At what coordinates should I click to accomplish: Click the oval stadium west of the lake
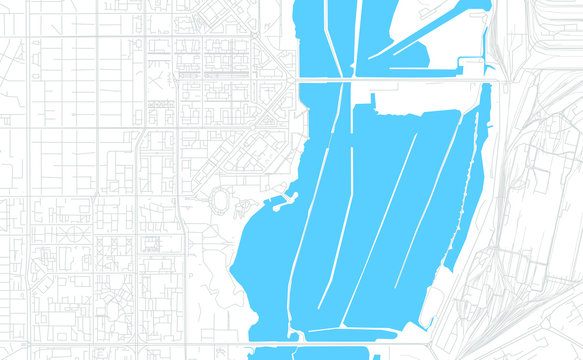tap(220, 201)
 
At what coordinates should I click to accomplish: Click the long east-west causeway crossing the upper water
tap(400, 79)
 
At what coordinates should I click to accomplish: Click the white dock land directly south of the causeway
tap(400, 95)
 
